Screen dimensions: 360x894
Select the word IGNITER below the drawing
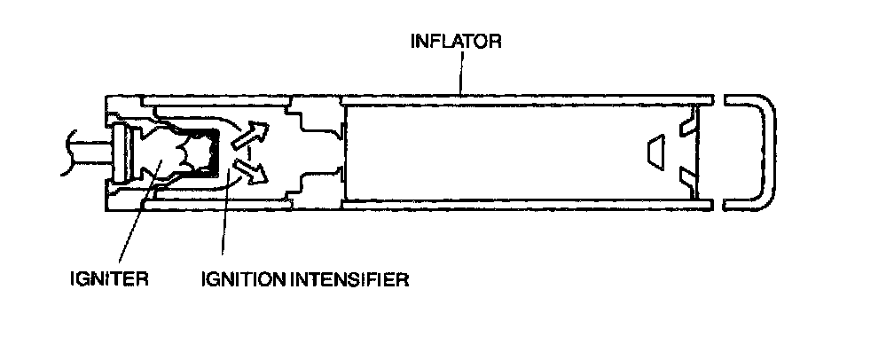click(x=107, y=281)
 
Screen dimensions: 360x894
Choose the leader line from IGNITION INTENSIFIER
click(x=224, y=222)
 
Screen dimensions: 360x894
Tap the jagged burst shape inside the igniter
click(x=182, y=153)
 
